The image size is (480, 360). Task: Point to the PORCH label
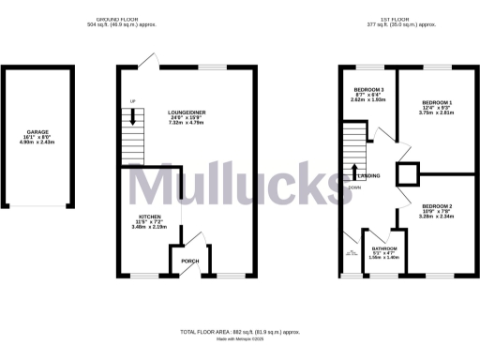pos(189,261)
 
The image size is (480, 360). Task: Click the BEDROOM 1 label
pos(437,102)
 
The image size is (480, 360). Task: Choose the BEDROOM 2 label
pos(437,205)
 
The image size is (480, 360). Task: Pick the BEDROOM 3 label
pos(368,89)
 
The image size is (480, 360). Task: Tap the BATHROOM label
pos(383,246)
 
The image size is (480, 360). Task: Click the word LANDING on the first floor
pos(367,175)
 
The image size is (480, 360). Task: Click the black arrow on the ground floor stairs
pos(133,117)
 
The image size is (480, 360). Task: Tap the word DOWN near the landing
pos(354,187)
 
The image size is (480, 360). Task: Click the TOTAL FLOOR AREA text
pos(240,332)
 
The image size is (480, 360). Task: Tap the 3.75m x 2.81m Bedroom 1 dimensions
pos(437,113)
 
